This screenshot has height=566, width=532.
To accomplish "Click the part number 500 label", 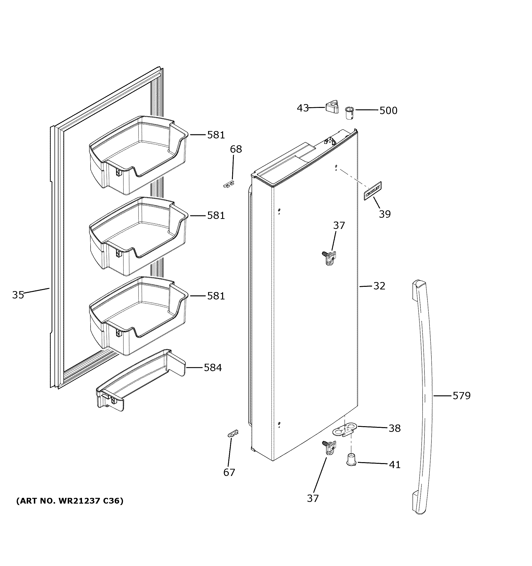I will click(388, 111).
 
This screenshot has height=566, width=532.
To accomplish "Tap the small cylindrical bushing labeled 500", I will click(349, 113).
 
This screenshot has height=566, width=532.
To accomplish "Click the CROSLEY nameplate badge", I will click(373, 191).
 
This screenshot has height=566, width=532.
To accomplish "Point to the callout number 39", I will click(384, 214).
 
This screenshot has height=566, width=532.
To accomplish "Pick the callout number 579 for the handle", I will click(461, 395).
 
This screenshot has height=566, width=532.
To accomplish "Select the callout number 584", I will click(212, 368).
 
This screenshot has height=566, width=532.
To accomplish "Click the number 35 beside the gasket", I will click(18, 295).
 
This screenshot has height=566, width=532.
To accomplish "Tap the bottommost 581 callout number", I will click(216, 296).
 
